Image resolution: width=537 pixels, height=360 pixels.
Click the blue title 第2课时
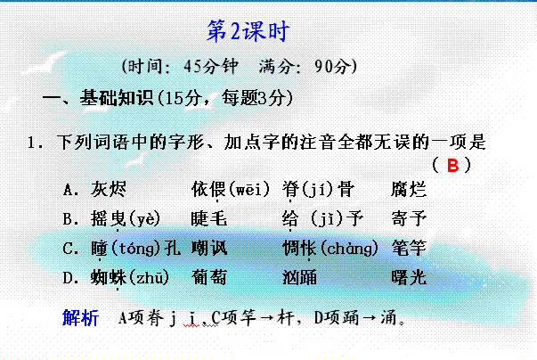coord(248,31)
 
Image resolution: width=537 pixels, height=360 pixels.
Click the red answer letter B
coord(452,165)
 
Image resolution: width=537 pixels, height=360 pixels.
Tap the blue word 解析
coord(80,317)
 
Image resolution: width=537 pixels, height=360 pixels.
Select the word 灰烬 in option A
coord(109,189)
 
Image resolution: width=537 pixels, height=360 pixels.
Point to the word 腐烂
coord(409,189)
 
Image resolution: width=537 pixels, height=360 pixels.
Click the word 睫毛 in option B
coord(209,218)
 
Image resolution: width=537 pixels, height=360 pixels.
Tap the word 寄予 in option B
coord(409,218)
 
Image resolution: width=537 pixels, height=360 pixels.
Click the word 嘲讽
coord(209,248)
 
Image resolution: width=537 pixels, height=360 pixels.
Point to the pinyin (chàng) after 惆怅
coord(349,248)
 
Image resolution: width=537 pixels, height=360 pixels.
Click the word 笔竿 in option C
coord(409,248)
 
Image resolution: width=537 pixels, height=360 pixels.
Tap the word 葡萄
coord(209,277)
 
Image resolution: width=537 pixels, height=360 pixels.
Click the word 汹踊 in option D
coord(299,277)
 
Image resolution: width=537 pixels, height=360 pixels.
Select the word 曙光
coord(409,277)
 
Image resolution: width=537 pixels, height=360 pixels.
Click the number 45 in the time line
coord(191,66)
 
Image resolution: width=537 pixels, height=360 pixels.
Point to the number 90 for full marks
coord(323,66)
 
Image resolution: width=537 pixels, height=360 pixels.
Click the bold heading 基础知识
coord(117,98)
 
